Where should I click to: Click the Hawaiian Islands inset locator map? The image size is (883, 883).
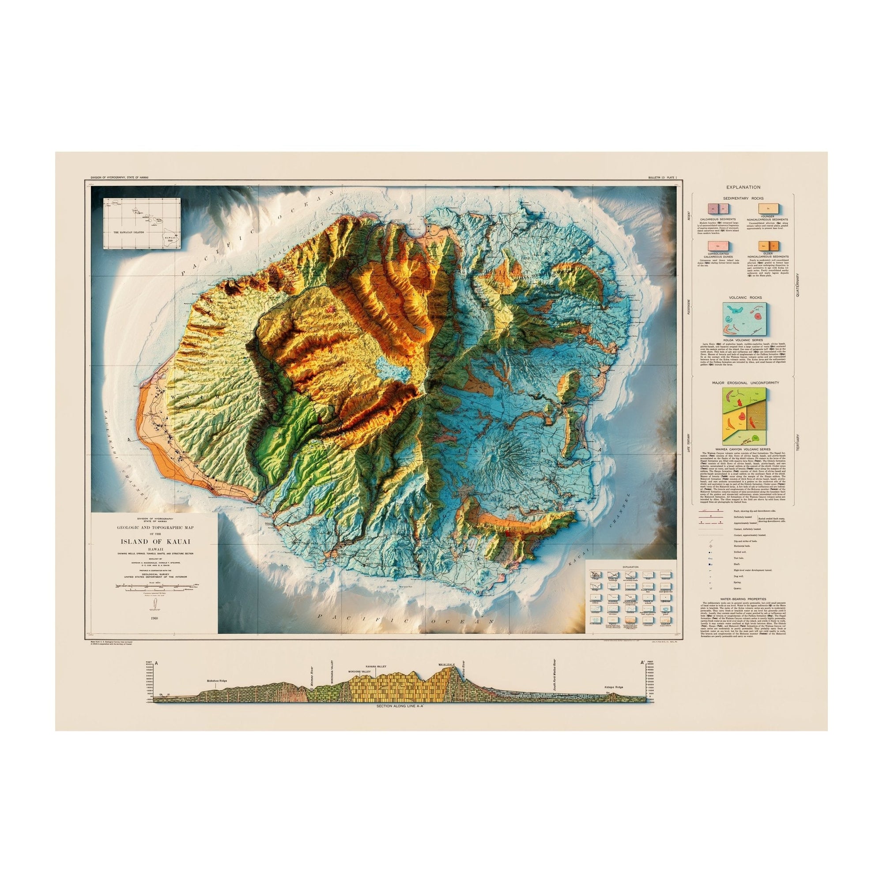(x=142, y=223)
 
